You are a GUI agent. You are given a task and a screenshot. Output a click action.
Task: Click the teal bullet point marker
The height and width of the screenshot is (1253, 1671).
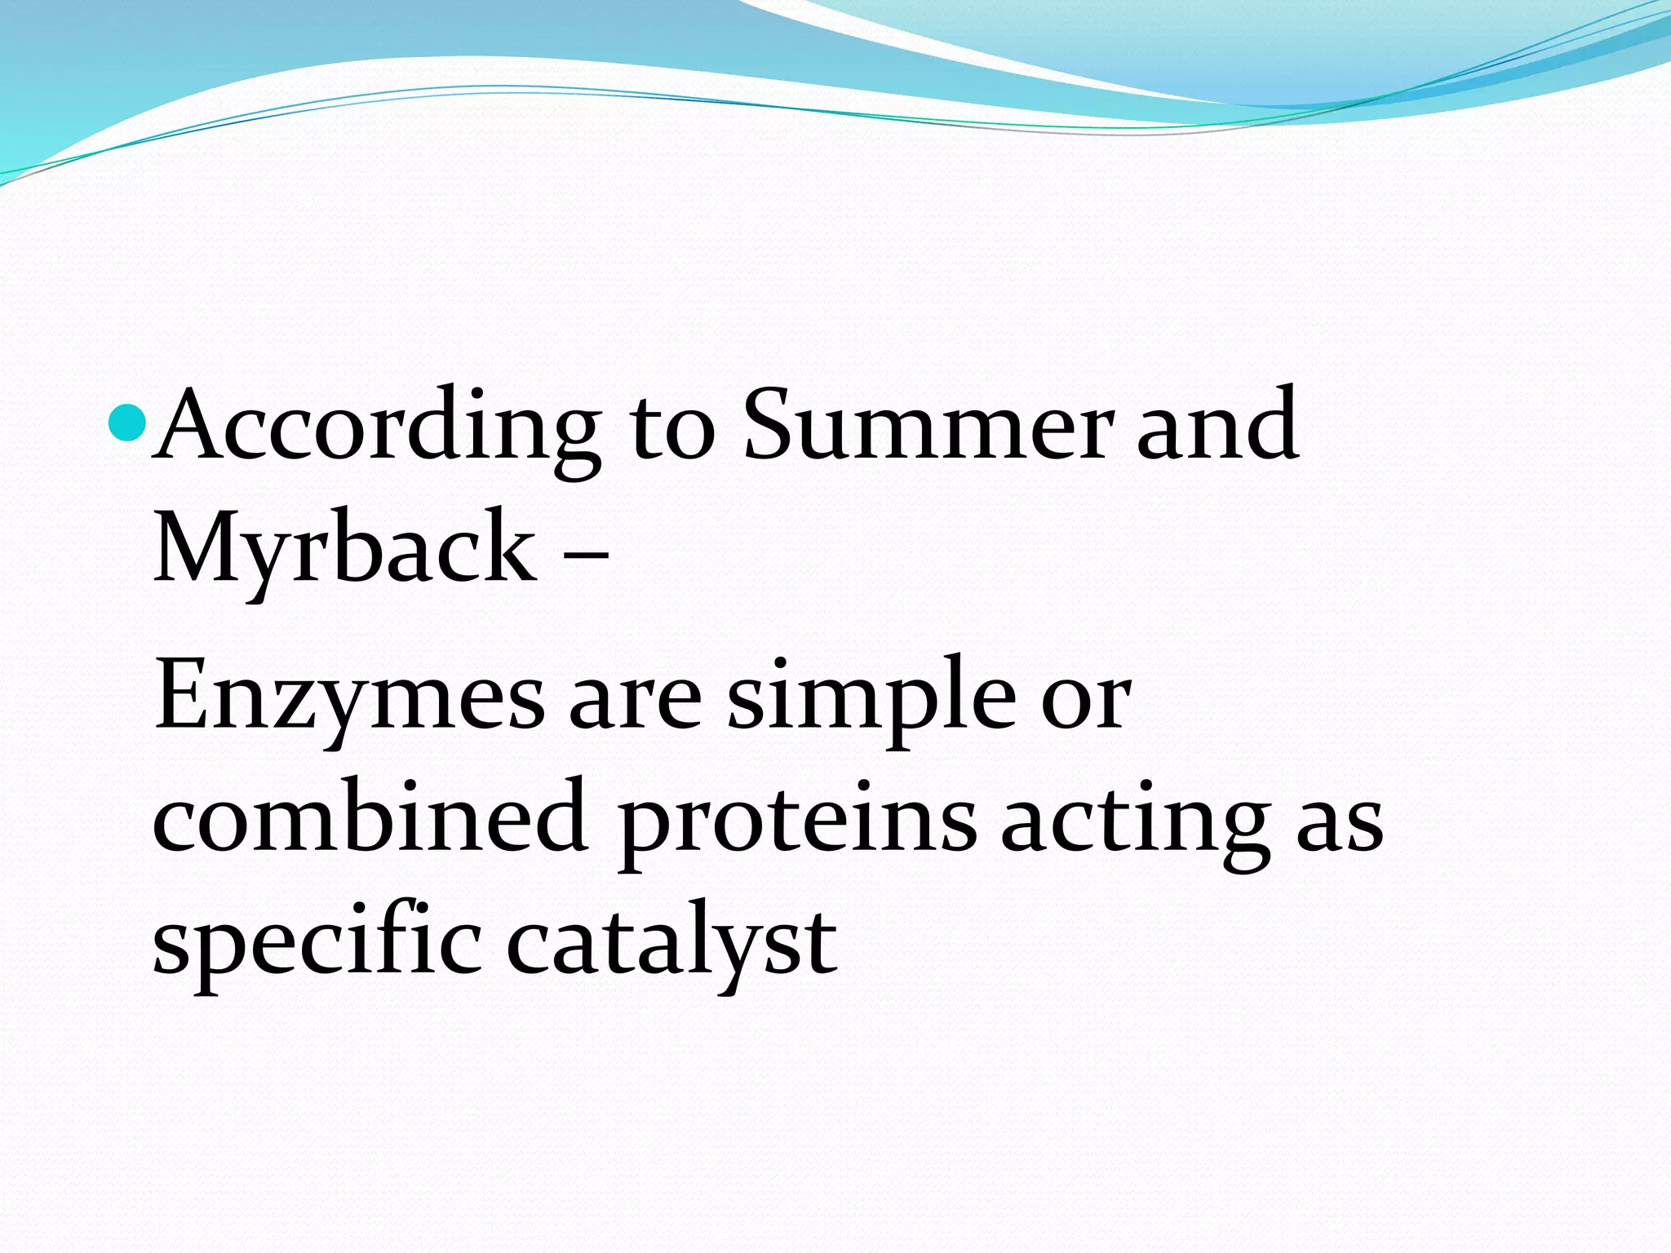[127, 422]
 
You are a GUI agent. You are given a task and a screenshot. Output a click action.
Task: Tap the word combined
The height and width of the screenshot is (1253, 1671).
[370, 820]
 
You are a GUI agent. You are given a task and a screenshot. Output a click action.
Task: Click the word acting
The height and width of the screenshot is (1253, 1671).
[1135, 824]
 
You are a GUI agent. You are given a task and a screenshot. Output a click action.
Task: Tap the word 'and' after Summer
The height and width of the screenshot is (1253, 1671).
[1217, 426]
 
